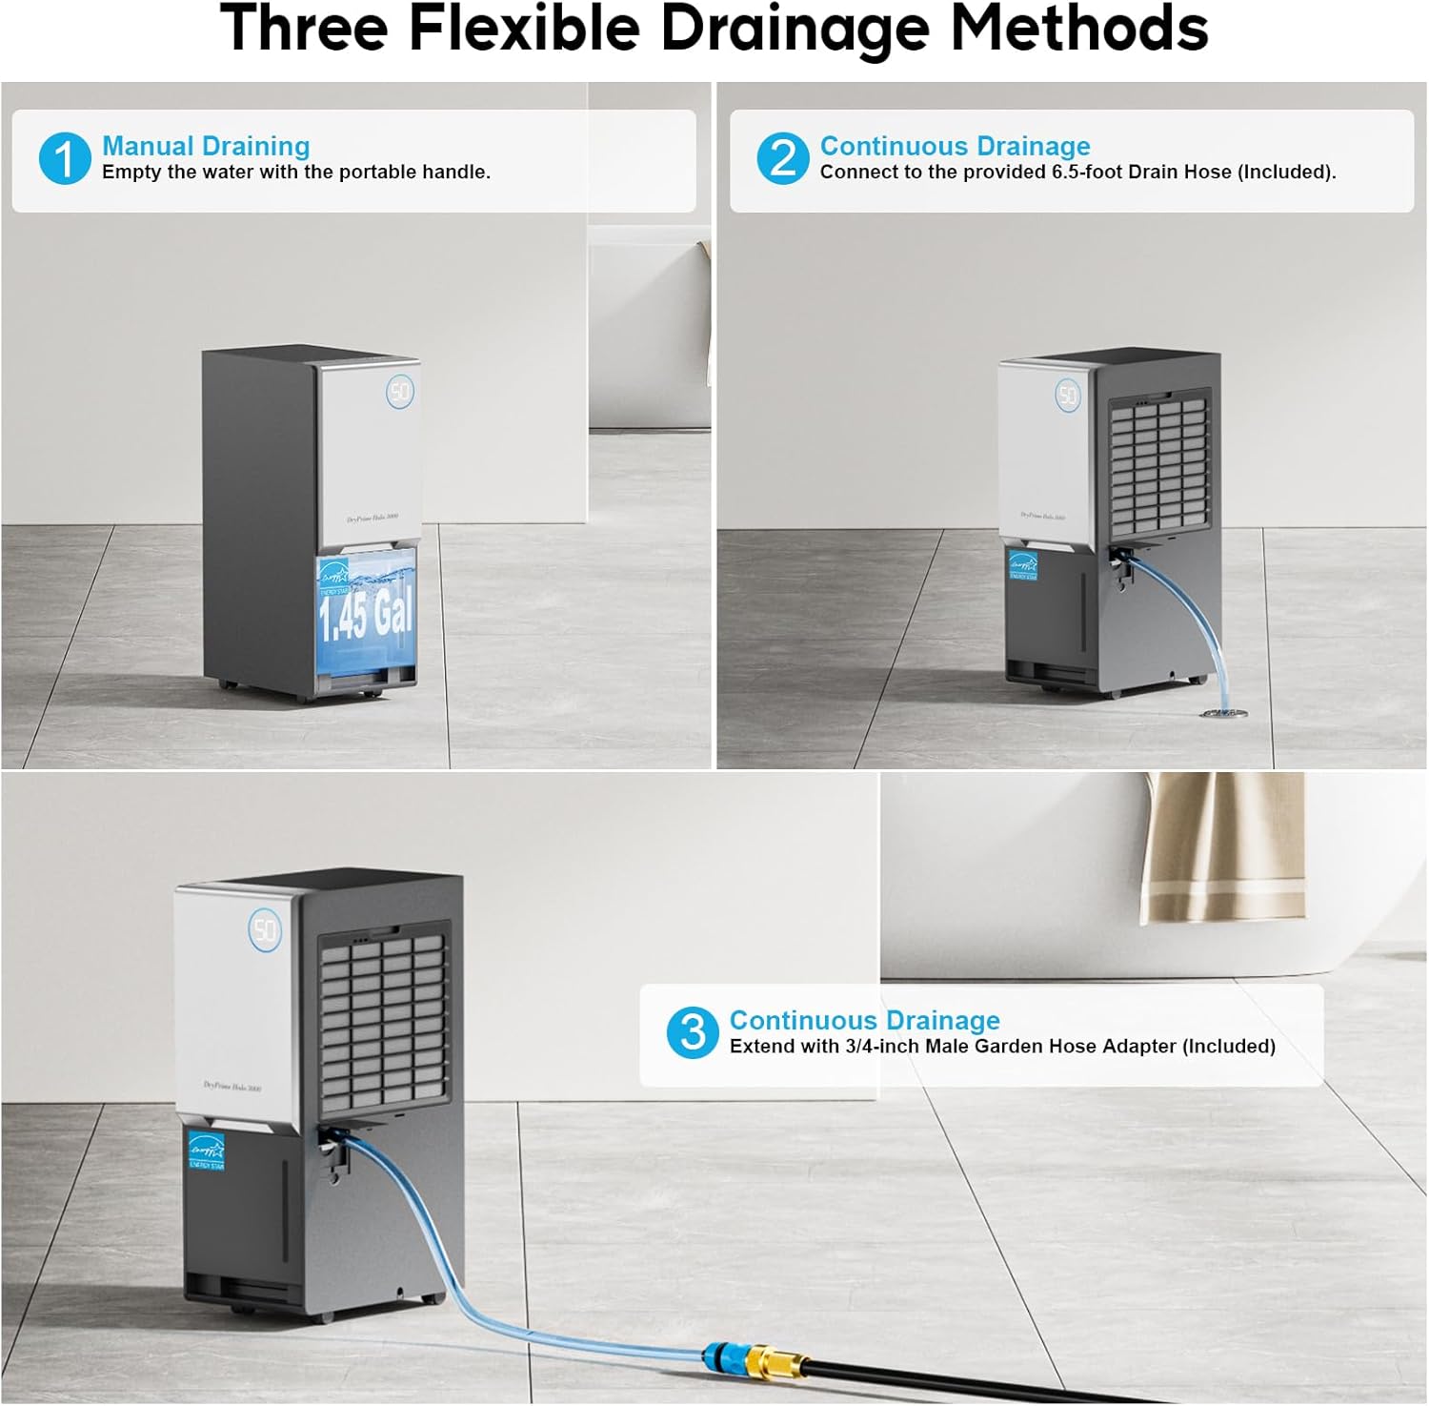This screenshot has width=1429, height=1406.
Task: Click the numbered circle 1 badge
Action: [x=64, y=158]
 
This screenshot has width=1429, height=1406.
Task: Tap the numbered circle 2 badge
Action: [x=782, y=158]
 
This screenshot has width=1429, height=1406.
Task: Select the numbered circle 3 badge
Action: [x=693, y=1032]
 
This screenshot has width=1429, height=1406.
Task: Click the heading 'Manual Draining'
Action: [x=206, y=146]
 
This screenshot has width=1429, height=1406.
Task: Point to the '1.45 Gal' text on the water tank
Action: [x=366, y=613]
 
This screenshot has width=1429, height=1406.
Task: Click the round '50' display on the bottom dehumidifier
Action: [x=265, y=929]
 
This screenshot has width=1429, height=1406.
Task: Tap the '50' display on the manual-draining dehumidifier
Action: [x=400, y=392]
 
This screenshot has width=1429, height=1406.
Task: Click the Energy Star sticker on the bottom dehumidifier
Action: [x=206, y=1150]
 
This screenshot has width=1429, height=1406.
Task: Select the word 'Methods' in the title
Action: [x=1079, y=29]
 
